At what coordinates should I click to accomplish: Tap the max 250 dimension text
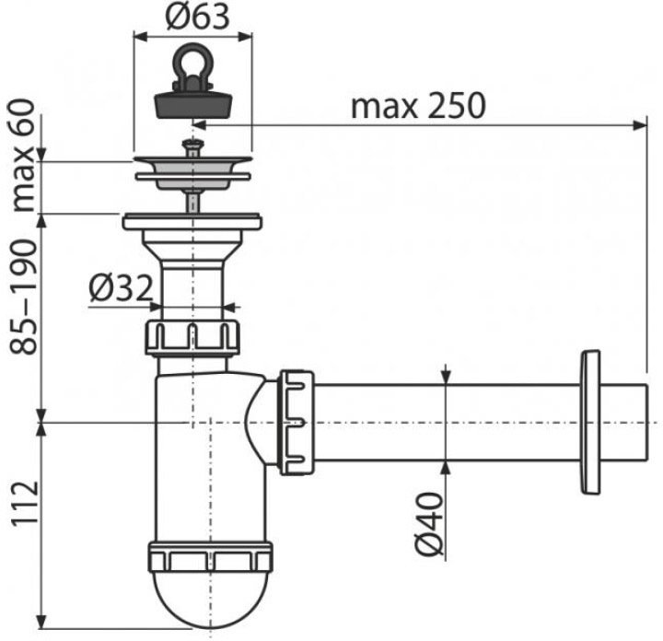pyautogui.click(x=418, y=106)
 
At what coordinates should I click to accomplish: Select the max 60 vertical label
pyautogui.click(x=24, y=155)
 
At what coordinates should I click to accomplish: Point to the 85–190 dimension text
pyautogui.click(x=24, y=297)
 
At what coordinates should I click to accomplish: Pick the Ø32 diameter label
pyautogui.click(x=121, y=288)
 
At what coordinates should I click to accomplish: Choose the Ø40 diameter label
pyautogui.click(x=430, y=523)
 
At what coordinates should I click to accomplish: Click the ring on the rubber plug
pyautogui.click(x=192, y=64)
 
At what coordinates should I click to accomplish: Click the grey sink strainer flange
pyautogui.click(x=192, y=171)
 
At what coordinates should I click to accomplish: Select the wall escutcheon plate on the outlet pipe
pyautogui.click(x=590, y=422)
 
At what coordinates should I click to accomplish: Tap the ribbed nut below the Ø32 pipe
pyautogui.click(x=192, y=337)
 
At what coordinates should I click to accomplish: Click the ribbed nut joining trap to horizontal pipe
pyautogui.click(x=297, y=422)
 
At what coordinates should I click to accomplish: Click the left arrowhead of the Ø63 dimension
pyautogui.click(x=140, y=37)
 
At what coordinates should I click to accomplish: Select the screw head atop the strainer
pyautogui.click(x=192, y=145)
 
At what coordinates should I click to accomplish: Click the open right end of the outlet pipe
pyautogui.click(x=646, y=422)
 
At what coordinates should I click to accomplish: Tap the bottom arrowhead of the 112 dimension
pyautogui.click(x=41, y=621)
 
